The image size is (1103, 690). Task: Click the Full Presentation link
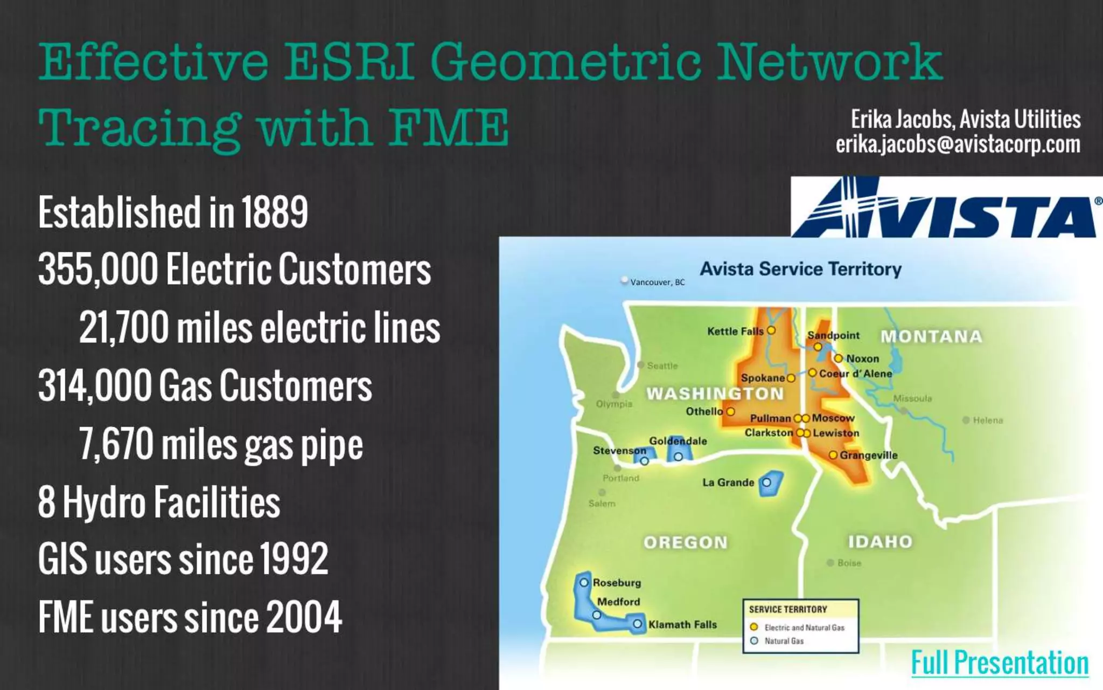1000,663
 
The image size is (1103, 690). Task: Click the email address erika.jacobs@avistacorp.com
958,144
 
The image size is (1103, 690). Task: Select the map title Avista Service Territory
800,269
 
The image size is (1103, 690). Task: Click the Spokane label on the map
763,378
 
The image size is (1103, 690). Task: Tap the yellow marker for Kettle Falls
771,330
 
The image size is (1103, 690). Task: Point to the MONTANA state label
931,337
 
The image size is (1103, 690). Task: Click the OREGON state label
686,542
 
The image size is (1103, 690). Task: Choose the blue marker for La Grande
766,482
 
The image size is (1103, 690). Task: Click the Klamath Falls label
682,625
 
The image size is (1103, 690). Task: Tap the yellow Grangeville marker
833,455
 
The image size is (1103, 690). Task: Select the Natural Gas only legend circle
754,641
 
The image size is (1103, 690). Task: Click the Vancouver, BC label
657,282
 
